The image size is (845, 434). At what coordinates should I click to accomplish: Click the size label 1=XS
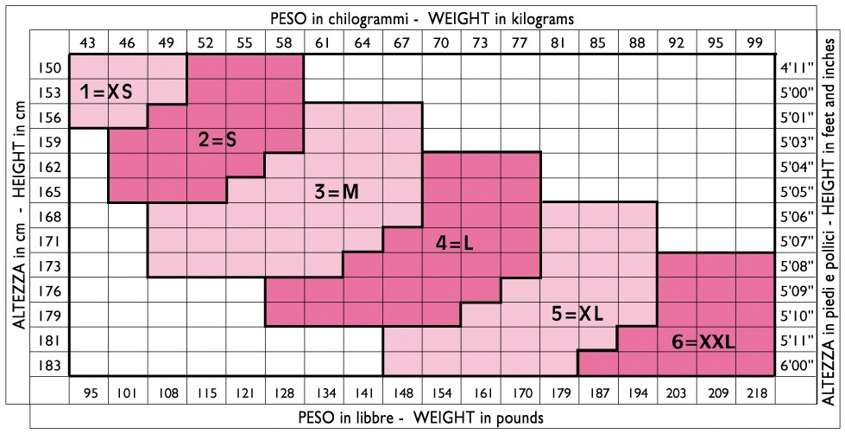107,91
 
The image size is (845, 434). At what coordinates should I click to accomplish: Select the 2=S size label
217,141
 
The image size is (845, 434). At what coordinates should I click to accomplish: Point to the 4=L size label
454,244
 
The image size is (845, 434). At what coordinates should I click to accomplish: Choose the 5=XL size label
577,315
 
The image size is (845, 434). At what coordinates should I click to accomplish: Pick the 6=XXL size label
703,342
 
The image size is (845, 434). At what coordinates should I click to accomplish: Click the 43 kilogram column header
88,41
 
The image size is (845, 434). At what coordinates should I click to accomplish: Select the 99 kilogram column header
755,41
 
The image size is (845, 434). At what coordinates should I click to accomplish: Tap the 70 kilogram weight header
441,41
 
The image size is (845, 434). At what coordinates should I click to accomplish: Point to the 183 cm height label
50,365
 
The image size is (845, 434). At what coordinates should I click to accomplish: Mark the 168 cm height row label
50,216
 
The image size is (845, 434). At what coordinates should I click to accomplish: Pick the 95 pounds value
88,394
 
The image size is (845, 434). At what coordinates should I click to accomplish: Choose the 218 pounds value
755,394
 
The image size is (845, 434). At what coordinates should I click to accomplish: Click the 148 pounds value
402,394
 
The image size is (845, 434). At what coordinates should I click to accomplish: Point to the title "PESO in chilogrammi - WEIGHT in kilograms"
423,17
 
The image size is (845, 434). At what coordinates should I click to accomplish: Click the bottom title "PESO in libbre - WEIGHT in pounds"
421,418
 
